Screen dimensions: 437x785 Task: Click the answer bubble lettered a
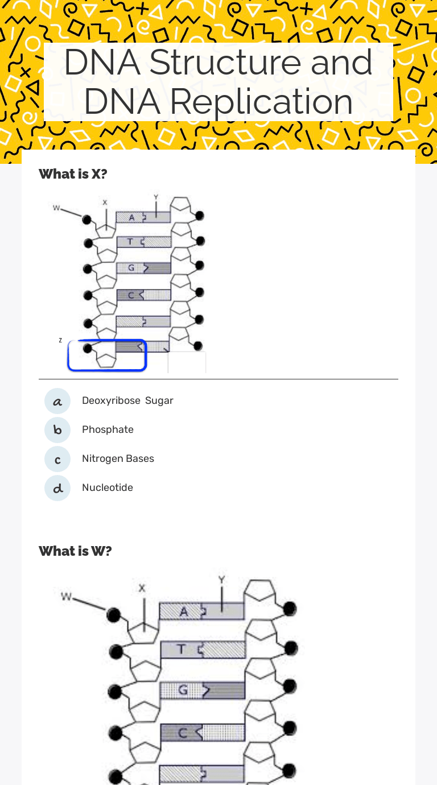57,401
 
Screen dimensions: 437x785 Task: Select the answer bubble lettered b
57,430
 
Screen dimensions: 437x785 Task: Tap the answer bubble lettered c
57,459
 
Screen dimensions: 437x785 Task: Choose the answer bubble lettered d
57,488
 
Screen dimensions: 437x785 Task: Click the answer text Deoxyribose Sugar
127,400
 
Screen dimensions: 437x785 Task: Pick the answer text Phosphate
108,429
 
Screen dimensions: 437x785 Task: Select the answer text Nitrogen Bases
118,458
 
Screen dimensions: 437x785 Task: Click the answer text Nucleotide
108,487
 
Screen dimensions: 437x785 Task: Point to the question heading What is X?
73,174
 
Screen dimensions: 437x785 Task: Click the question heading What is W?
75,551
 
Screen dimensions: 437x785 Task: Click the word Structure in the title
226,63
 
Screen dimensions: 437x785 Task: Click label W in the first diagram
56,208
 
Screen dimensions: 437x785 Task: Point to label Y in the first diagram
156,197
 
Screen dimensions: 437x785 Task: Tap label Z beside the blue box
60,340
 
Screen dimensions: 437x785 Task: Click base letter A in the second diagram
184,612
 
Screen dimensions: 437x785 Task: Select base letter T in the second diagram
181,649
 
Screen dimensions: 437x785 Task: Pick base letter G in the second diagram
183,690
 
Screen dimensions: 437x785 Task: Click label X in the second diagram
142,588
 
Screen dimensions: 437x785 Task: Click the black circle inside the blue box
88,348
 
